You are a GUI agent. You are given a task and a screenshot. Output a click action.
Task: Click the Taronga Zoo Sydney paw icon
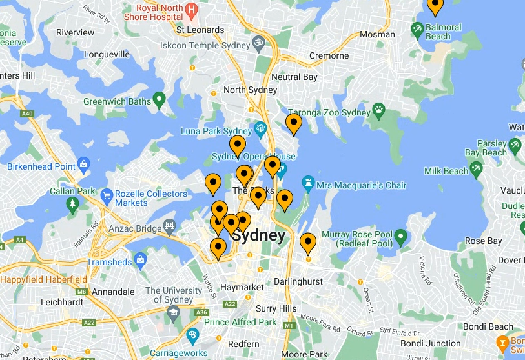click(380, 112)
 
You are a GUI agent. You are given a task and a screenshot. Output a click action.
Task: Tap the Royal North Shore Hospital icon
click(191, 10)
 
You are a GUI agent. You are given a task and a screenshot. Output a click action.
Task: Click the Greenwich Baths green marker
click(160, 100)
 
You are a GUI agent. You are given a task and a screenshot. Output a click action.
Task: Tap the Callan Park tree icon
click(72, 205)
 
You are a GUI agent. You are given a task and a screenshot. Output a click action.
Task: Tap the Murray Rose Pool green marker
click(401, 238)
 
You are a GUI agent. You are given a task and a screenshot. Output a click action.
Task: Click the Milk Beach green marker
click(477, 170)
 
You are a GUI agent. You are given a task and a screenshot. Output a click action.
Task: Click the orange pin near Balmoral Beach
click(435, 5)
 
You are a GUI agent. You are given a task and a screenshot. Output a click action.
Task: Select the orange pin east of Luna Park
click(294, 123)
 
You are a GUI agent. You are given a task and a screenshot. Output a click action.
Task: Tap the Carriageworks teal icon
click(192, 336)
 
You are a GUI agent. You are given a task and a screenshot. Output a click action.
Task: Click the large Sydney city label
click(258, 235)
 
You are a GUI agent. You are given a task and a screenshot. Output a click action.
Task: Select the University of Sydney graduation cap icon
click(173, 313)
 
